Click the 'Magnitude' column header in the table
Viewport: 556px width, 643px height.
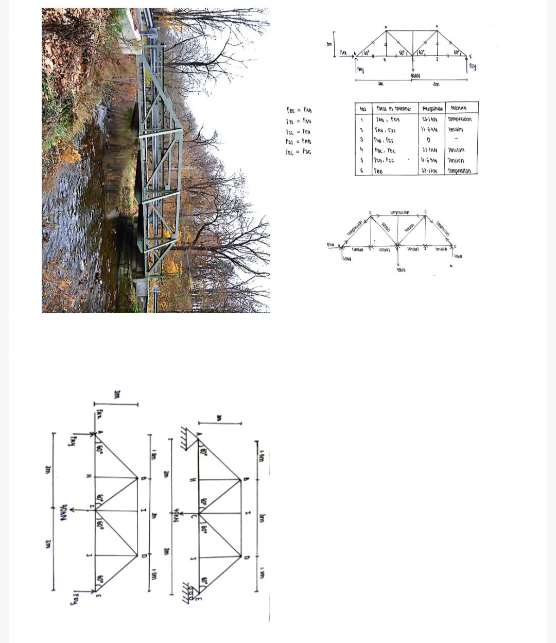[431, 108]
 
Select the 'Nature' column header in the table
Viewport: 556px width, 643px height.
[459, 108]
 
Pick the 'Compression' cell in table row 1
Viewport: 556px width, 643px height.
[459, 119]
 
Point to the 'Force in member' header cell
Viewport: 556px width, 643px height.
[393, 109]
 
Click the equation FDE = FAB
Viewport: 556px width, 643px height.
[299, 110]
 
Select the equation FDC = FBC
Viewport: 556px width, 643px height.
[299, 152]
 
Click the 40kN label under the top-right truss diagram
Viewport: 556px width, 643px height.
[415, 75]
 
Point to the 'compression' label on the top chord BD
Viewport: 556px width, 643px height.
[400, 212]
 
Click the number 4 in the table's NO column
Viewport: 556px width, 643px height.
[362, 150]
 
